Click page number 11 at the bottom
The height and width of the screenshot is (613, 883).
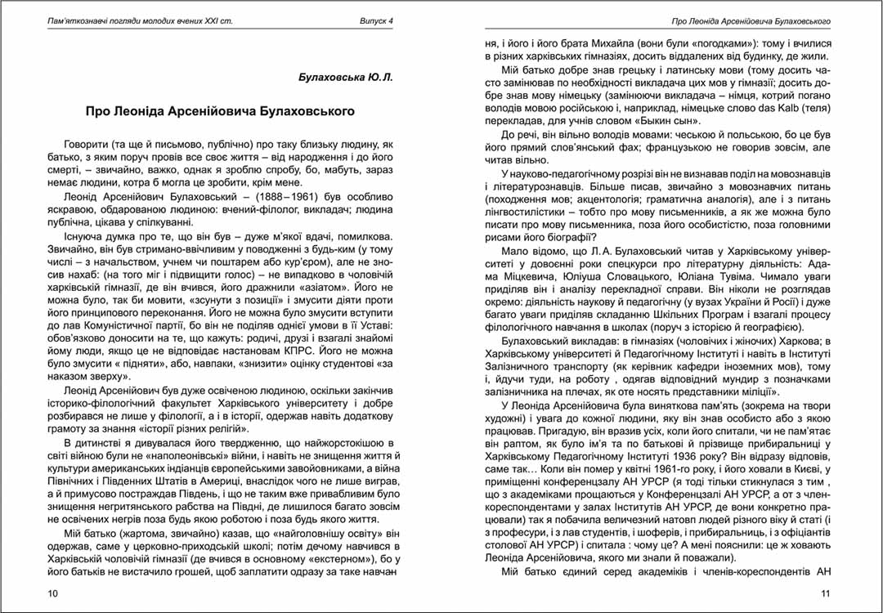[825, 593]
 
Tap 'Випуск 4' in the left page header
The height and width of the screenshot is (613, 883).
[377, 20]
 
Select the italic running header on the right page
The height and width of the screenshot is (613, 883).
[751, 20]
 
